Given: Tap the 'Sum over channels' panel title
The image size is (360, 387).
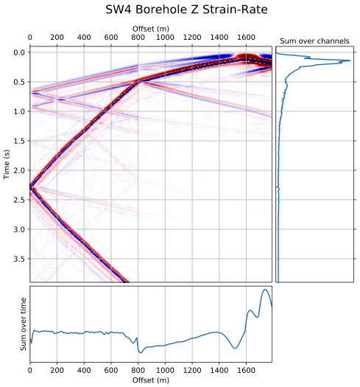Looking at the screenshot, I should point(314,41).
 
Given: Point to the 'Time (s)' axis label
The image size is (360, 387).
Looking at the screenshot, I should point(7,163).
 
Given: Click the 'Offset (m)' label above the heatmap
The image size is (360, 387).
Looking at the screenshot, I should point(149,27).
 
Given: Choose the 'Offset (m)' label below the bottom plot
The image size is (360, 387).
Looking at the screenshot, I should point(149,380).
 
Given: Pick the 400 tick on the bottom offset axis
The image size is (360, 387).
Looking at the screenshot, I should point(84,372).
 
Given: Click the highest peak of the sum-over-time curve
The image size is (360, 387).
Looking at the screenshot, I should point(265,290).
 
